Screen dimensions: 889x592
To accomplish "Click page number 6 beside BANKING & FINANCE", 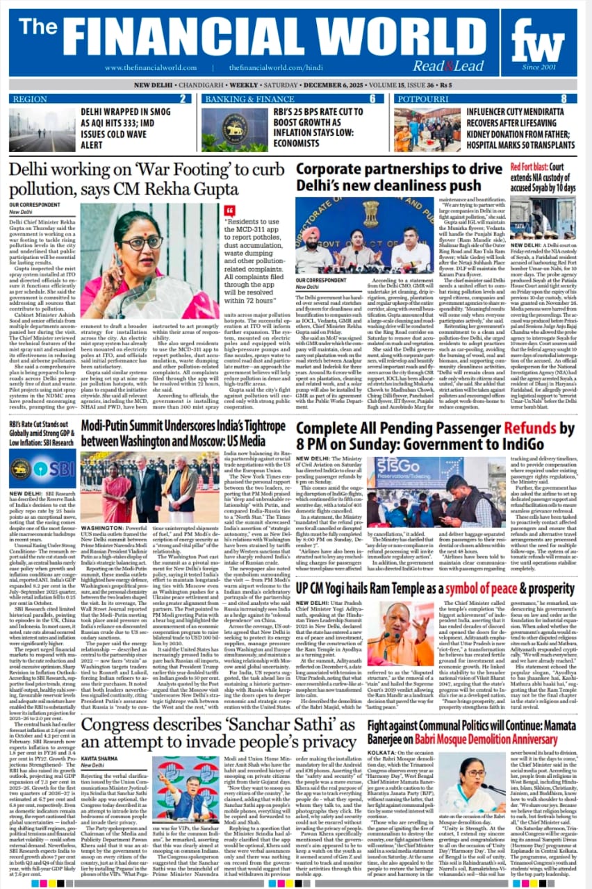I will click(x=372, y=99).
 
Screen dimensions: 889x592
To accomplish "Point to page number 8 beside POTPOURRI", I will click(x=564, y=99).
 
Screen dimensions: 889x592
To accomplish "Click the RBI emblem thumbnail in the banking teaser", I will click(x=233, y=128).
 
